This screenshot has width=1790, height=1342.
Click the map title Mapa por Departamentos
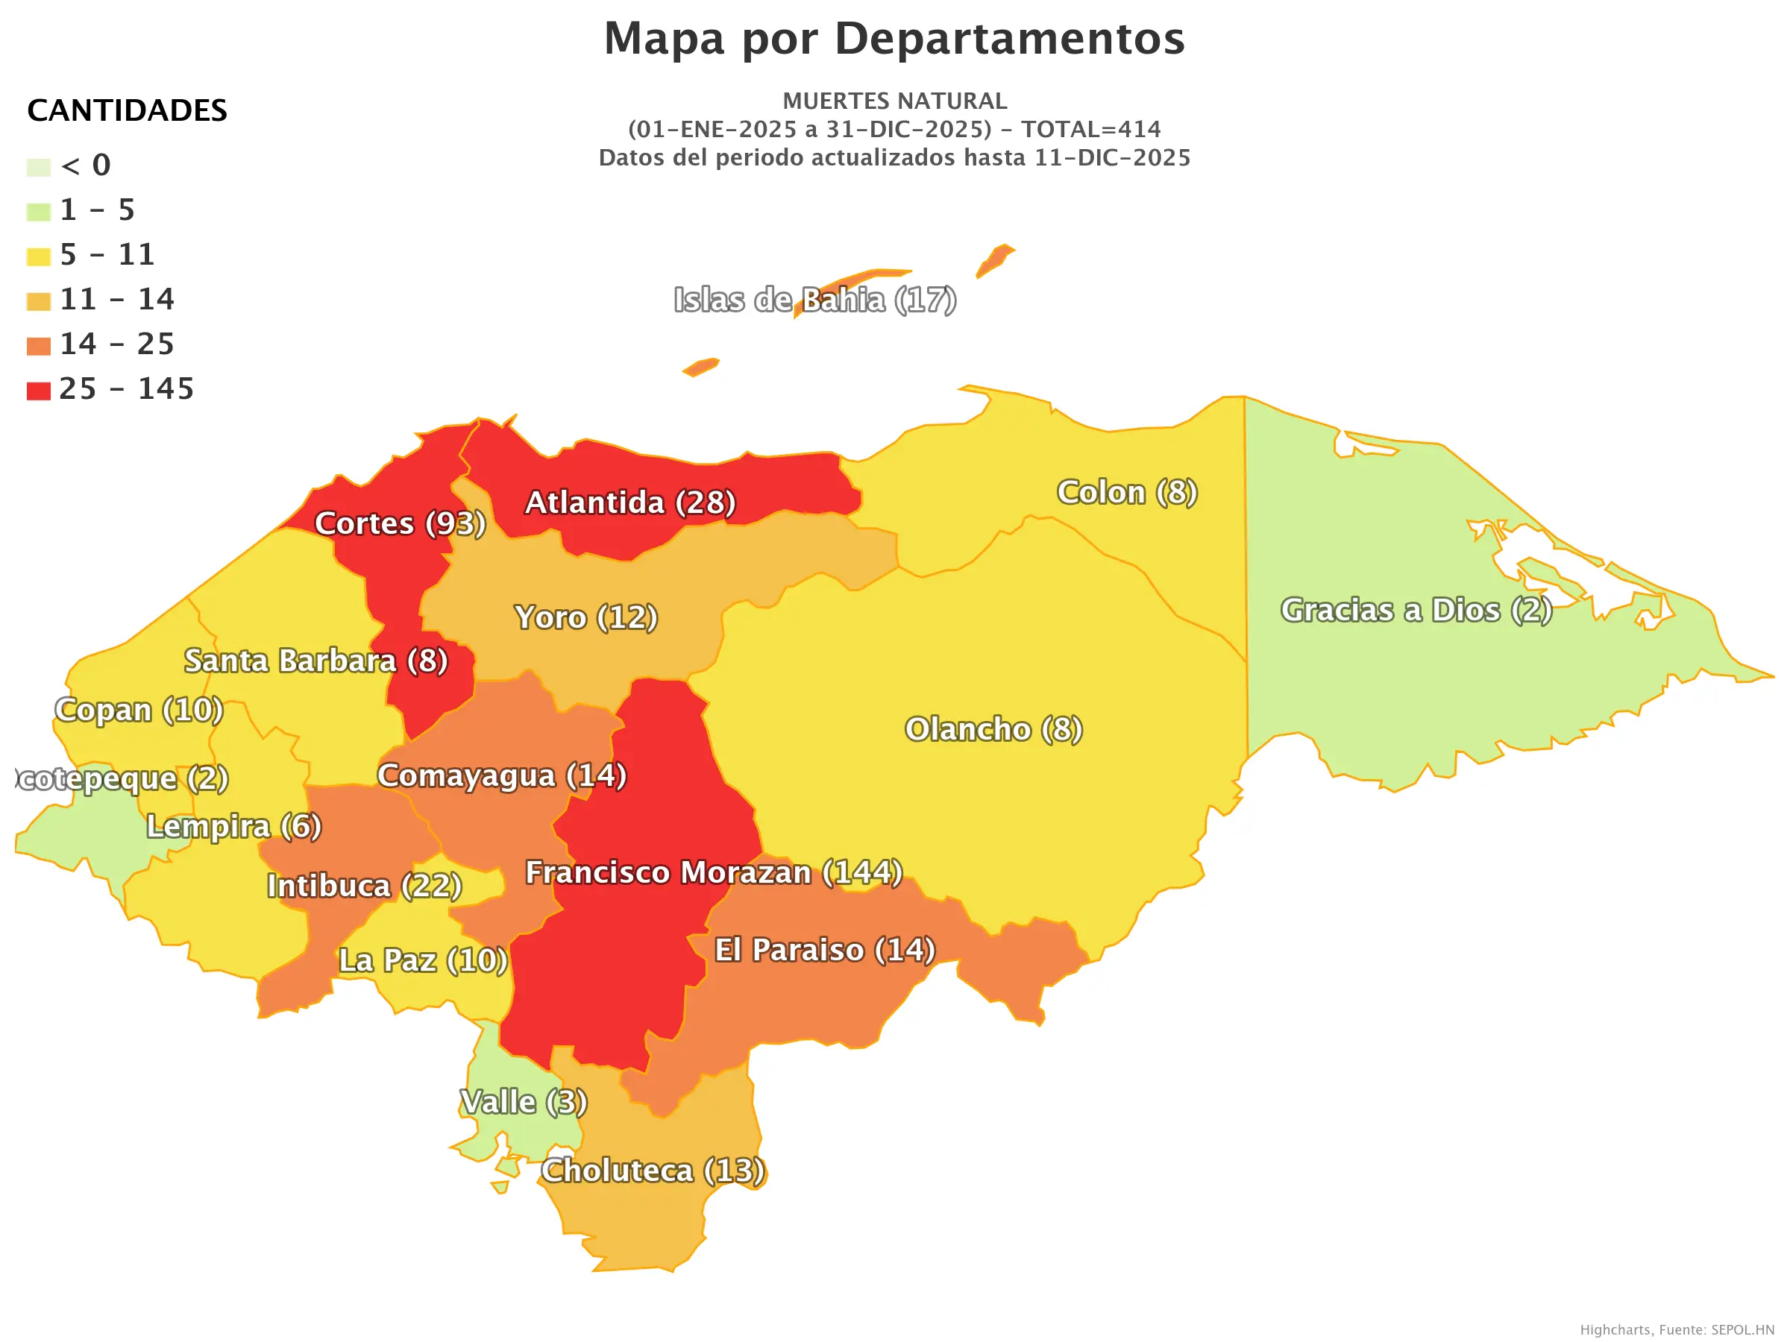click(x=894, y=39)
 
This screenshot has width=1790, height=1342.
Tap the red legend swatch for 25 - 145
click(x=38, y=391)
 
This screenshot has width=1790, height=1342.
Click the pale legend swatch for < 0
click(x=38, y=168)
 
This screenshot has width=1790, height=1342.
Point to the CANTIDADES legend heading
click(x=127, y=111)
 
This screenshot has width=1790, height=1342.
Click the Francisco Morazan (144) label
click(x=713, y=873)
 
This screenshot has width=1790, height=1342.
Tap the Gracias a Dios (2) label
click(x=1416, y=611)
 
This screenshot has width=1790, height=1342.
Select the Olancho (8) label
click(x=993, y=730)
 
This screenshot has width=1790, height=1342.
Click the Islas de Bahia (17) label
click(x=815, y=300)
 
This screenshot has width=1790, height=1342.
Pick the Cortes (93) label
click(x=400, y=524)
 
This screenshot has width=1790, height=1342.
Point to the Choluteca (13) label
click(x=653, y=1171)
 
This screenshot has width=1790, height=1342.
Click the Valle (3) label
click(x=523, y=1103)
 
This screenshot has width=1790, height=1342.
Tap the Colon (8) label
click(x=1126, y=493)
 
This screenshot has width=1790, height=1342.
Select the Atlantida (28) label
click(x=629, y=503)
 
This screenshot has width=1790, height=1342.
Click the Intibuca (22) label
click(x=364, y=886)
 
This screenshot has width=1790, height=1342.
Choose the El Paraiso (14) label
click(x=824, y=951)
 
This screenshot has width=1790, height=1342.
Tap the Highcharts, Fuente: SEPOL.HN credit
click(x=1676, y=1330)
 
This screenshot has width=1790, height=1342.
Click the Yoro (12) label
click(x=586, y=618)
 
